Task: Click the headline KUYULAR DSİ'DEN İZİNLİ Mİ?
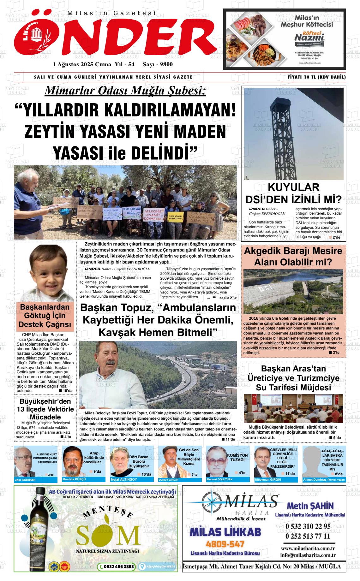click(293, 193)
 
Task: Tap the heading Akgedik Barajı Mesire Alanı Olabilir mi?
click(293, 257)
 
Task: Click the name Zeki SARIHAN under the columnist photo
click(25, 480)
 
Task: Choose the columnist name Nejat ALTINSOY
click(124, 480)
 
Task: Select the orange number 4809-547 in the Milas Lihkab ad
click(225, 544)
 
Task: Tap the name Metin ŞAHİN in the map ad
click(310, 506)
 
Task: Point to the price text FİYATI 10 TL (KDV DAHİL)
click(317, 77)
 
